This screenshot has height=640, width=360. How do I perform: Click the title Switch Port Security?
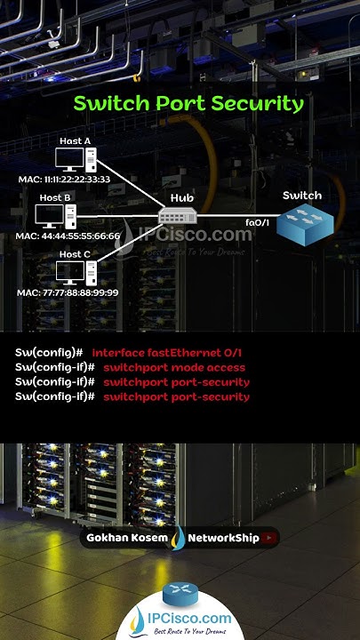(188, 103)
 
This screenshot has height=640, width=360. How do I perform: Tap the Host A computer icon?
(76, 160)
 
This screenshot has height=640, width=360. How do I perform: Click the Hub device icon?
(181, 216)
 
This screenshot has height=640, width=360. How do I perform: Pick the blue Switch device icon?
(302, 224)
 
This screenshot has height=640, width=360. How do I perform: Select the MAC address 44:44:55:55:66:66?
(68, 236)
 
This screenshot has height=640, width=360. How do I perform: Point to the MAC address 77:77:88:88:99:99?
(68, 292)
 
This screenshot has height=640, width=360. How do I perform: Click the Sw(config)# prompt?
(49, 353)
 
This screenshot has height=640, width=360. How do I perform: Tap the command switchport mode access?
(174, 367)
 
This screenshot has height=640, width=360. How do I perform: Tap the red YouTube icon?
(270, 538)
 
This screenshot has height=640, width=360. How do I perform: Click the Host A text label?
(76, 141)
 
